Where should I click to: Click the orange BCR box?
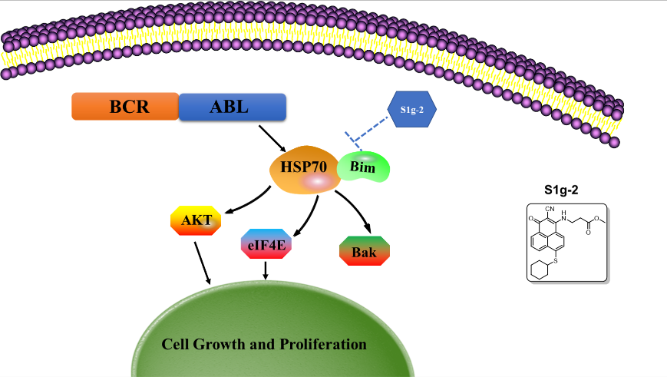125,107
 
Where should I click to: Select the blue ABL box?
233,107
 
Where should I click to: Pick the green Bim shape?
364,166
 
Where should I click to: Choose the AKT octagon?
196,220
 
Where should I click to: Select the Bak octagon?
365,252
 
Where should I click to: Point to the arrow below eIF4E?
266,270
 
